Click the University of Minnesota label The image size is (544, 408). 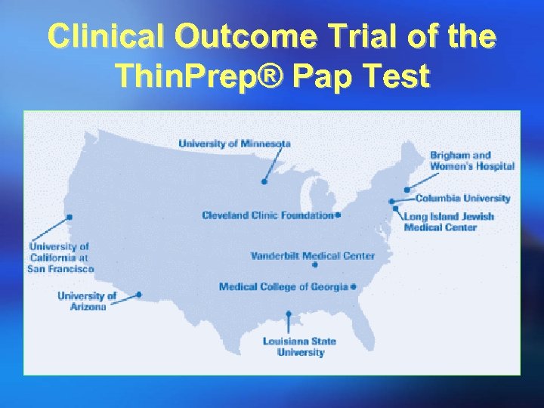coord(234,144)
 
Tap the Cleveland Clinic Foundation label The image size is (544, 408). coord(267,215)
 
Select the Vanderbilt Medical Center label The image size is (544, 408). coord(312,255)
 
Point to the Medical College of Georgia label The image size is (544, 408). coord(283,286)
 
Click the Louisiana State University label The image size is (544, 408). coord(300,347)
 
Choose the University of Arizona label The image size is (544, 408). coord(87,301)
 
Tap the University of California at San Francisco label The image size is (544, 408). coord(60,257)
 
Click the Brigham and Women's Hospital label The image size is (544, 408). coord(471,161)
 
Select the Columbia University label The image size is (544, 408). coord(462,199)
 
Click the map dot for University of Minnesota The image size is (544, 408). coord(264,181)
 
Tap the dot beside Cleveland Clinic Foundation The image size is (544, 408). coord(338,215)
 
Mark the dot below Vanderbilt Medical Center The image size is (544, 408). coord(315,265)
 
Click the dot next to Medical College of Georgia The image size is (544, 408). coord(353,287)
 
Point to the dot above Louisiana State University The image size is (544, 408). coord(289,314)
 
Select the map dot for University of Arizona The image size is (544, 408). coord(139,295)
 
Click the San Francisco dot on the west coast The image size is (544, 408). coord(70,217)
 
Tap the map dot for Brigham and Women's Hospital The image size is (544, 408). coord(406,190)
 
